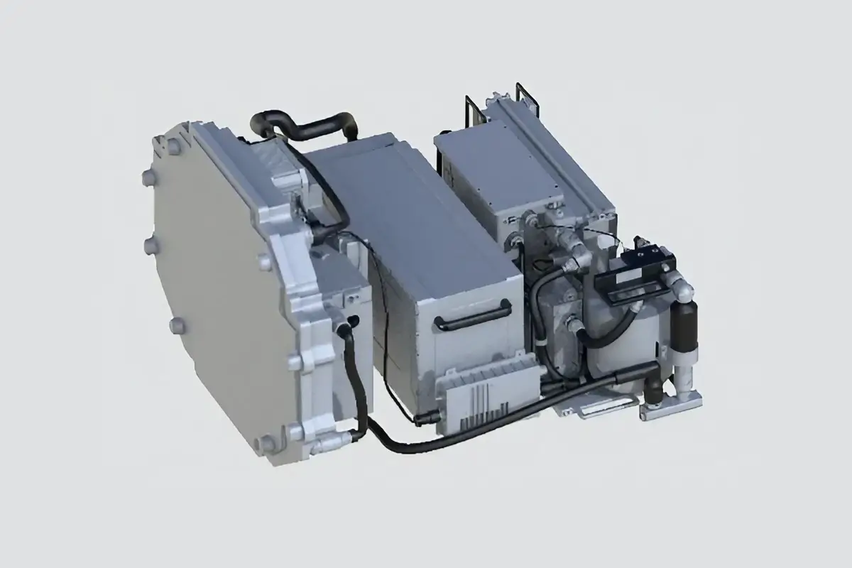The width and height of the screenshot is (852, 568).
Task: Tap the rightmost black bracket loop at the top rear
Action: [x=526, y=99]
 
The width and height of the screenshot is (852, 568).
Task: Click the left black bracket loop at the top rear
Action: [x=473, y=110]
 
